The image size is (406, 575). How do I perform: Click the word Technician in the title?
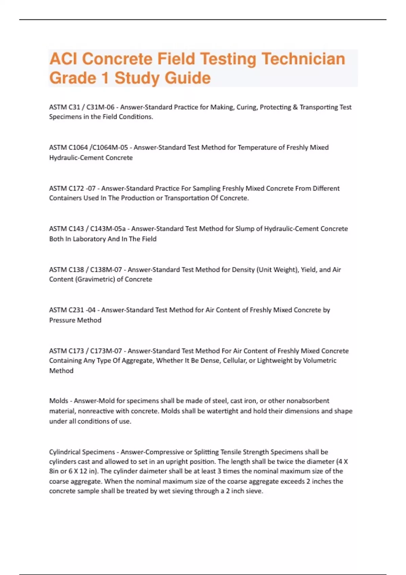coord(303,59)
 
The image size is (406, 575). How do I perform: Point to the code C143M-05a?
coord(108,229)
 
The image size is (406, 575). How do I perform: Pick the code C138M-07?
coord(106,270)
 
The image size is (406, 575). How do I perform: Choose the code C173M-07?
coord(106,351)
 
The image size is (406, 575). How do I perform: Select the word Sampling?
coord(207,188)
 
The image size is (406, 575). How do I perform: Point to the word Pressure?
coord(63,320)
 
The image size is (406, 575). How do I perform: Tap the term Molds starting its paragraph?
coord(59,401)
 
